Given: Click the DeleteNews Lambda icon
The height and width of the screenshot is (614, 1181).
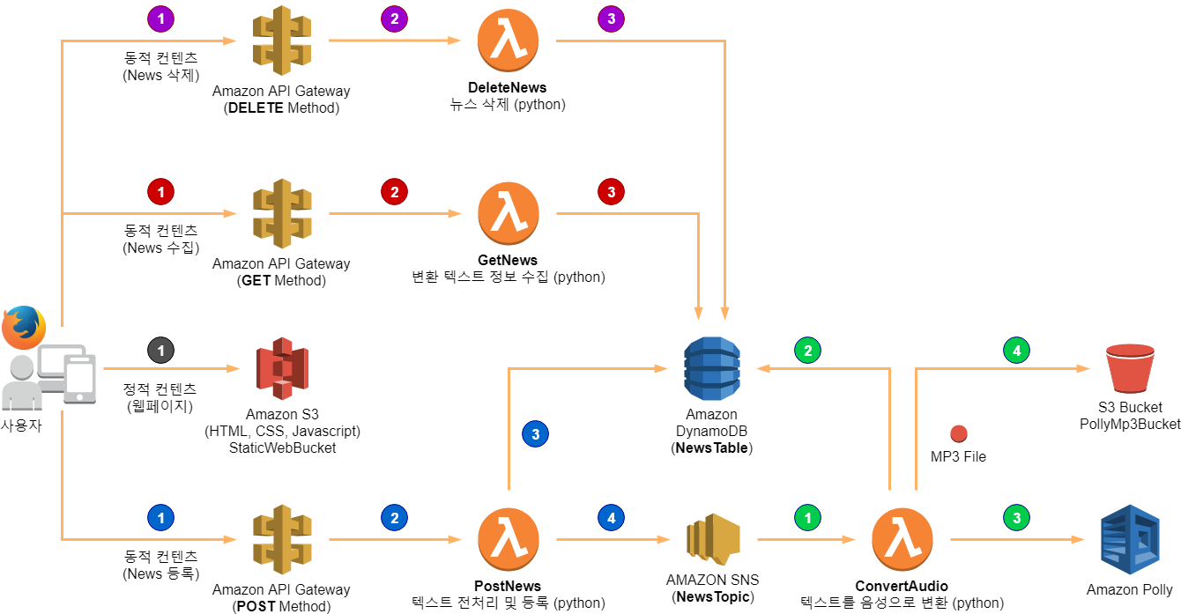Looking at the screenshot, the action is click(x=508, y=40).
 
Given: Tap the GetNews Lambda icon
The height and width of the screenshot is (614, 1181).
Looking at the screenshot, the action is click(x=509, y=213).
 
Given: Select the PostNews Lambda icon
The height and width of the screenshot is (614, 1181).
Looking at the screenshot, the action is click(x=509, y=539).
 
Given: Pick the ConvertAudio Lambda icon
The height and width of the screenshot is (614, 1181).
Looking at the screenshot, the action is click(x=902, y=539).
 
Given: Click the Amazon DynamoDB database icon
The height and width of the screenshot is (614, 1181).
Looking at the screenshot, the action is click(x=712, y=368).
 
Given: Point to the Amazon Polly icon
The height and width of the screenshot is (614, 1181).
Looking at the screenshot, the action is click(x=1130, y=539).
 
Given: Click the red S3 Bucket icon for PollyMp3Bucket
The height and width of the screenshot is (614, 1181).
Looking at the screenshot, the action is click(x=1130, y=368).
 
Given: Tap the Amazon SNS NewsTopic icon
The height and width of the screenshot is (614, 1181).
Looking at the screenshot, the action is click(x=713, y=539).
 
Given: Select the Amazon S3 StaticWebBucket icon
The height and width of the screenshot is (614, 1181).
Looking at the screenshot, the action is click(x=283, y=368).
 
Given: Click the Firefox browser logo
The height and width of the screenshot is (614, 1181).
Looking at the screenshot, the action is click(x=24, y=328).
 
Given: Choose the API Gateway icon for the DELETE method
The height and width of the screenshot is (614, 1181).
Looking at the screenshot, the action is click(x=281, y=41).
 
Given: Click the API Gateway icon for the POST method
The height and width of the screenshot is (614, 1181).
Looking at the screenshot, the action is click(x=282, y=539).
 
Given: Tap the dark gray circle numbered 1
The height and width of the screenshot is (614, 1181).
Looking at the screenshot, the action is click(x=160, y=351).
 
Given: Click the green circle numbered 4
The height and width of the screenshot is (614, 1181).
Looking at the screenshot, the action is click(x=1016, y=351).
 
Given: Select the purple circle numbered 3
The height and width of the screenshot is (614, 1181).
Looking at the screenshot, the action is click(x=611, y=19).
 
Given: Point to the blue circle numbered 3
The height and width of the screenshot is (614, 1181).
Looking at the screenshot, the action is click(x=535, y=434).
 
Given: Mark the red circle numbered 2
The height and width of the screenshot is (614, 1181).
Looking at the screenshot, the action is click(x=394, y=192).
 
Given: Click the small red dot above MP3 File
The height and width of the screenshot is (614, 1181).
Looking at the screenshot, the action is click(x=959, y=433).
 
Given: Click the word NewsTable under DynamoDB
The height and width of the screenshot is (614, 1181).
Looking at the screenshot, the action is click(x=712, y=448).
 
